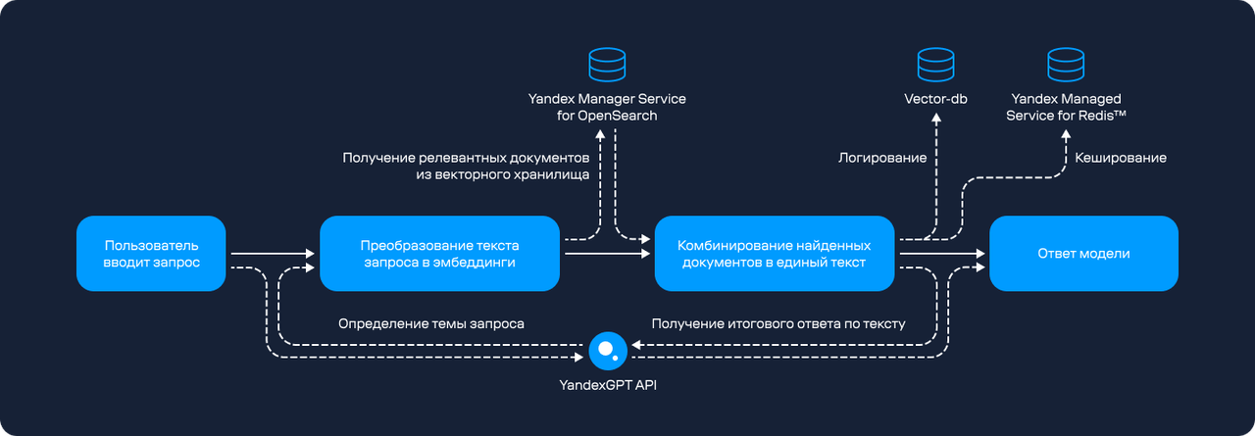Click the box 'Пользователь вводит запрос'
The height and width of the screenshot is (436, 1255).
coord(151,254)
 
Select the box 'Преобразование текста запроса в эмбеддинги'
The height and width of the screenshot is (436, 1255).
coord(439,254)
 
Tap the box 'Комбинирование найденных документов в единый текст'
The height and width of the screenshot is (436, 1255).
coord(775,254)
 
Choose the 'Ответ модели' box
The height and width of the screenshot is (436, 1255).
coord(1082,254)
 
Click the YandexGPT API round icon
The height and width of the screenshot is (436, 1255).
coord(608,350)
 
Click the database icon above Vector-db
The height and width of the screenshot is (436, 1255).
coord(935,66)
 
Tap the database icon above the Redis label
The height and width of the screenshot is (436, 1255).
coord(1065,66)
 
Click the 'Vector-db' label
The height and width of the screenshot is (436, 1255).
coord(935,100)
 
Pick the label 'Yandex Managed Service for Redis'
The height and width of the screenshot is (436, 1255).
coord(1065,108)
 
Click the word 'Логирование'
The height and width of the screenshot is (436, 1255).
coord(882,157)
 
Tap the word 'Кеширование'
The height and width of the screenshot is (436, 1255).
coord(1121,157)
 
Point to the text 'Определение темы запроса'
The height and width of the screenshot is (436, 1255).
coord(430,323)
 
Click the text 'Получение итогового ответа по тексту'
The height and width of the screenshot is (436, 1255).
coord(778,323)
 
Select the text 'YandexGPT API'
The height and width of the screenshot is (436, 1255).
coord(608,386)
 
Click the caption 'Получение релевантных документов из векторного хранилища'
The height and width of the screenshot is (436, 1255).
coord(466,167)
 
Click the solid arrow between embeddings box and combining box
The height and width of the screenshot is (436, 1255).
coord(607,254)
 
